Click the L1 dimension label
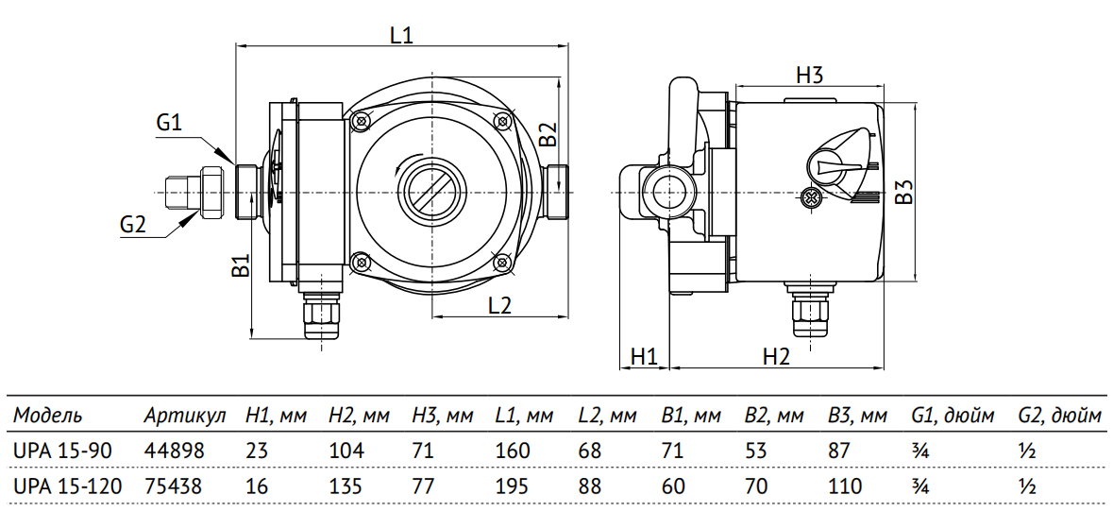pyautogui.click(x=401, y=35)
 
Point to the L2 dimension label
pyautogui.click(x=499, y=304)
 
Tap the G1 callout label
pyautogui.click(x=170, y=123)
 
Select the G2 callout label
pyautogui.click(x=133, y=224)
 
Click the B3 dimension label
pyautogui.click(x=904, y=194)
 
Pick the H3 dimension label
pyautogui.click(x=810, y=76)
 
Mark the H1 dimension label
pyautogui.click(x=643, y=356)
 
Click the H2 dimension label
pyautogui.click(x=776, y=356)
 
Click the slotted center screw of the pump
pyautogui.click(x=430, y=188)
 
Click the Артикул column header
pyautogui.click(x=185, y=416)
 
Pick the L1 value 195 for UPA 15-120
pyautogui.click(x=513, y=487)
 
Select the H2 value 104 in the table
pyautogui.click(x=346, y=451)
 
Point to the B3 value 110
pyautogui.click(x=845, y=487)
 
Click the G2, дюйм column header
pyautogui.click(x=1059, y=416)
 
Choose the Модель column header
pyautogui.click(x=47, y=416)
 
